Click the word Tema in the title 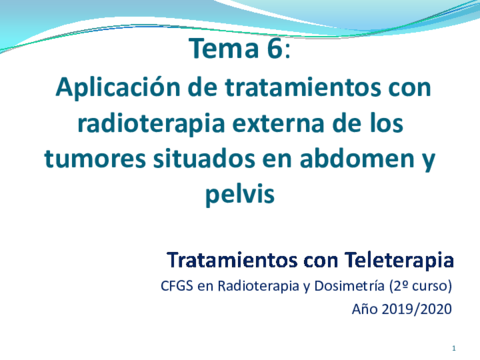(x=220, y=49)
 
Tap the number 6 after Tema (x=275, y=49)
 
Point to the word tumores (x=89, y=157)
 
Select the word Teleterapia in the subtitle (x=398, y=260)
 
